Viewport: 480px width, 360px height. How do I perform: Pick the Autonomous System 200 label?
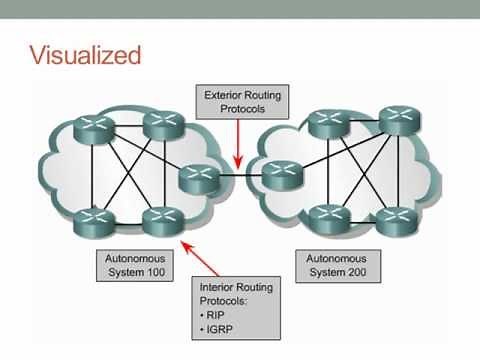(335, 265)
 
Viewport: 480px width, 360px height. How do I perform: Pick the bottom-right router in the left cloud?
(160, 217)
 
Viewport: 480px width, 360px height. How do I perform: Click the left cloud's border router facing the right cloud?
(198, 178)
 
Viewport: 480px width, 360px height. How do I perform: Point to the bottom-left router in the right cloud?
(326, 216)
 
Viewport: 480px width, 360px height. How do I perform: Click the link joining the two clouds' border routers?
(239, 178)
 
